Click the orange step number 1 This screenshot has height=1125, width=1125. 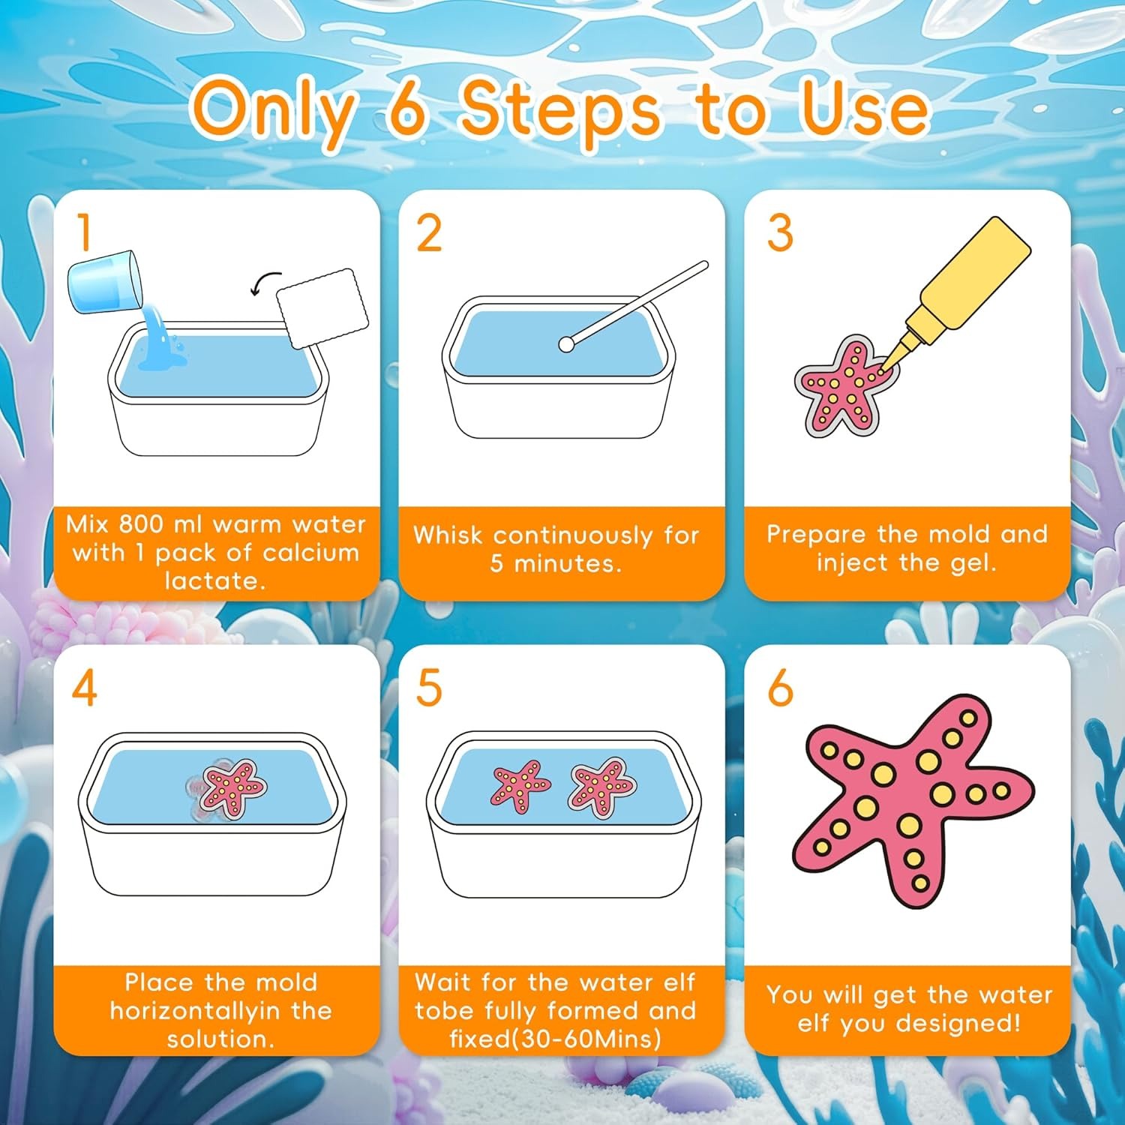pyautogui.click(x=85, y=232)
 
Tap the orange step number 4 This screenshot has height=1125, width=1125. pyautogui.click(x=84, y=688)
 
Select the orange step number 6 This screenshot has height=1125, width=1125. pyautogui.click(x=780, y=688)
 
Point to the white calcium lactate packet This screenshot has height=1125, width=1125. pyautogui.click(x=322, y=308)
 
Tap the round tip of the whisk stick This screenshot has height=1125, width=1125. pyautogui.click(x=566, y=344)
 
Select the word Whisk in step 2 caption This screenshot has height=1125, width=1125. pyautogui.click(x=448, y=535)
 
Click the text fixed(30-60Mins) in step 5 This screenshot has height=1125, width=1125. pyautogui.click(x=555, y=1039)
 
